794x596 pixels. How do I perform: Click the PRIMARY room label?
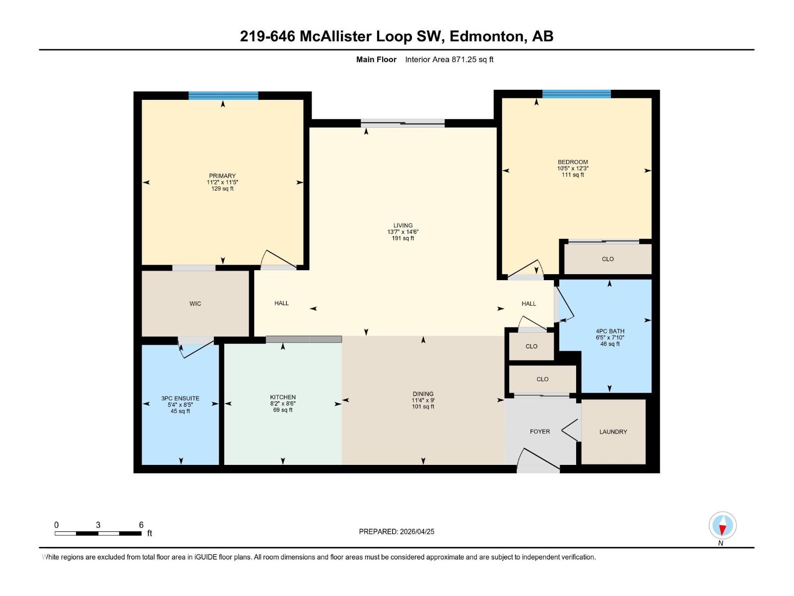point(222,176)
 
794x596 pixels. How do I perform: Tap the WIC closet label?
point(195,303)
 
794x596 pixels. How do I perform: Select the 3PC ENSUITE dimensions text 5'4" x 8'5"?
point(180,405)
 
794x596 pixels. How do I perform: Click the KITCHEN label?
point(283,397)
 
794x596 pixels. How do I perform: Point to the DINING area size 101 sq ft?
point(423,407)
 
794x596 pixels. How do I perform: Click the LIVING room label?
point(403,225)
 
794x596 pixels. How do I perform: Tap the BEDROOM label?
point(573,162)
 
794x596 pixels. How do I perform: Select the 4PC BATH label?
point(610,331)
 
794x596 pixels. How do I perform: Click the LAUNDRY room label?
point(613,432)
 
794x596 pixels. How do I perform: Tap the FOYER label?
point(540,432)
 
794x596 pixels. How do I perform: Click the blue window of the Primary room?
point(223,96)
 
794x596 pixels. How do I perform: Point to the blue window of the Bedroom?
point(576,94)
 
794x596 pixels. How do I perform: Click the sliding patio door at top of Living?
point(402,123)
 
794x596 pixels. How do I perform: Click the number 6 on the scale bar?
point(141,525)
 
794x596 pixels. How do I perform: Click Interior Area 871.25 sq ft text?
point(449,60)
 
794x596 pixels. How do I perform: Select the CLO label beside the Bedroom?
point(608,259)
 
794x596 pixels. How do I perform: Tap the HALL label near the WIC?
point(281,303)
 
